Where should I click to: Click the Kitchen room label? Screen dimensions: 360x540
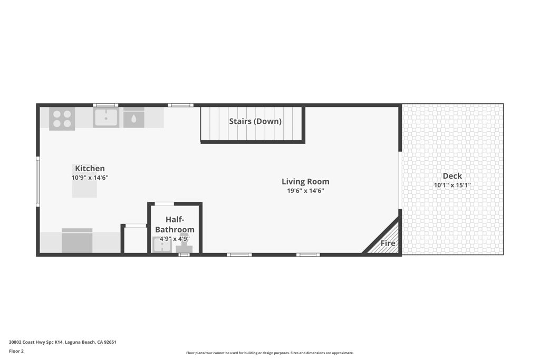pyautogui.click(x=90, y=169)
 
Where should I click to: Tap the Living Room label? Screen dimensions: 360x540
pyautogui.click(x=305, y=182)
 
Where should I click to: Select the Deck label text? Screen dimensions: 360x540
pyautogui.click(x=452, y=176)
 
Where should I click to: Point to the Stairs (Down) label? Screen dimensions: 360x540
pyautogui.click(x=255, y=121)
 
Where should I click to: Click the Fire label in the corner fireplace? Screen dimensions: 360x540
pyautogui.click(x=388, y=244)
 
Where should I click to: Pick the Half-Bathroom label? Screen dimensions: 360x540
pyautogui.click(x=175, y=225)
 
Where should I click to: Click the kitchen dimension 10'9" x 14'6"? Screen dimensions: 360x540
pyautogui.click(x=90, y=178)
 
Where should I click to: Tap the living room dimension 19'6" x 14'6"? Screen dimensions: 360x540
pyautogui.click(x=305, y=191)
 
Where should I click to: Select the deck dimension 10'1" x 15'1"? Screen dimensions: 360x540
pyautogui.click(x=452, y=186)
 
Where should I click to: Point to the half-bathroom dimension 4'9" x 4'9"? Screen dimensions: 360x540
pyautogui.click(x=175, y=239)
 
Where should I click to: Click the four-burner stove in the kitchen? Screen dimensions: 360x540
pyautogui.click(x=62, y=119)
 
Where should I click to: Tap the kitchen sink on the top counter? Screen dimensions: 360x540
pyautogui.click(x=106, y=118)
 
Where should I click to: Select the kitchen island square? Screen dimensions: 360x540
pyautogui.click(x=84, y=188)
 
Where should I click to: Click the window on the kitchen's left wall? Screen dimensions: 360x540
pyautogui.click(x=37, y=181)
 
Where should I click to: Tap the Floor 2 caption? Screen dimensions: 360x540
pyautogui.click(x=16, y=351)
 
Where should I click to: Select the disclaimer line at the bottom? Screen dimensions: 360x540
pyautogui.click(x=269, y=353)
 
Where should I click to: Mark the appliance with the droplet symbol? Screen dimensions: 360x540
pyautogui.click(x=133, y=118)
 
